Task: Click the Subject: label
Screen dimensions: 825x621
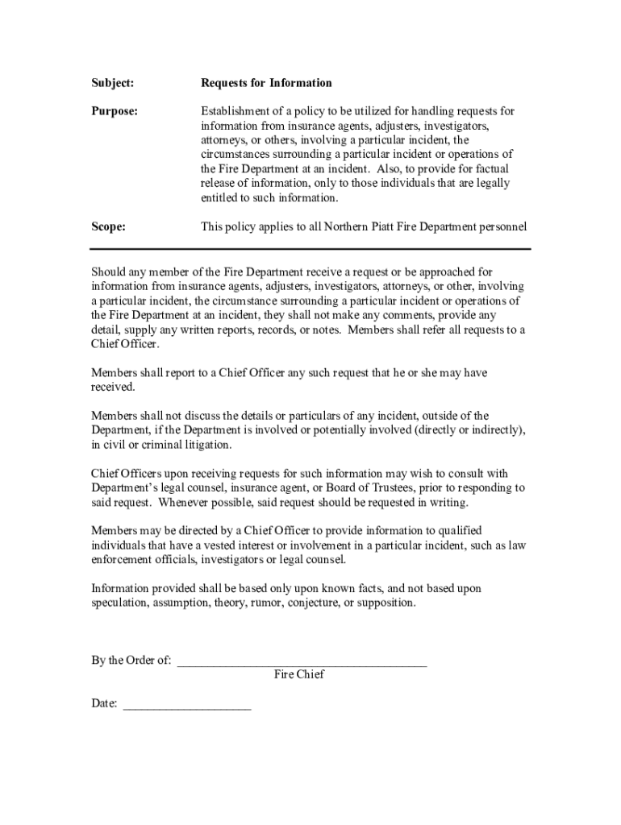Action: (x=112, y=83)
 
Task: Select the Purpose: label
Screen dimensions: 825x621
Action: (x=114, y=111)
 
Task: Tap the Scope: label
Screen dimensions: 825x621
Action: (x=108, y=227)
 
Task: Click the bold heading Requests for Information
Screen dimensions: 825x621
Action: (x=266, y=83)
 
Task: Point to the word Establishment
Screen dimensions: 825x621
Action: (x=235, y=111)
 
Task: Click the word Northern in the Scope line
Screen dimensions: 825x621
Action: (x=348, y=227)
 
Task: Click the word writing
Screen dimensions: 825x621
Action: (x=449, y=503)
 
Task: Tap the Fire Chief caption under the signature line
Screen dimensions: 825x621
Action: (x=299, y=675)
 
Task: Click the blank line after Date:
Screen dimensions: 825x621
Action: (x=187, y=705)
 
